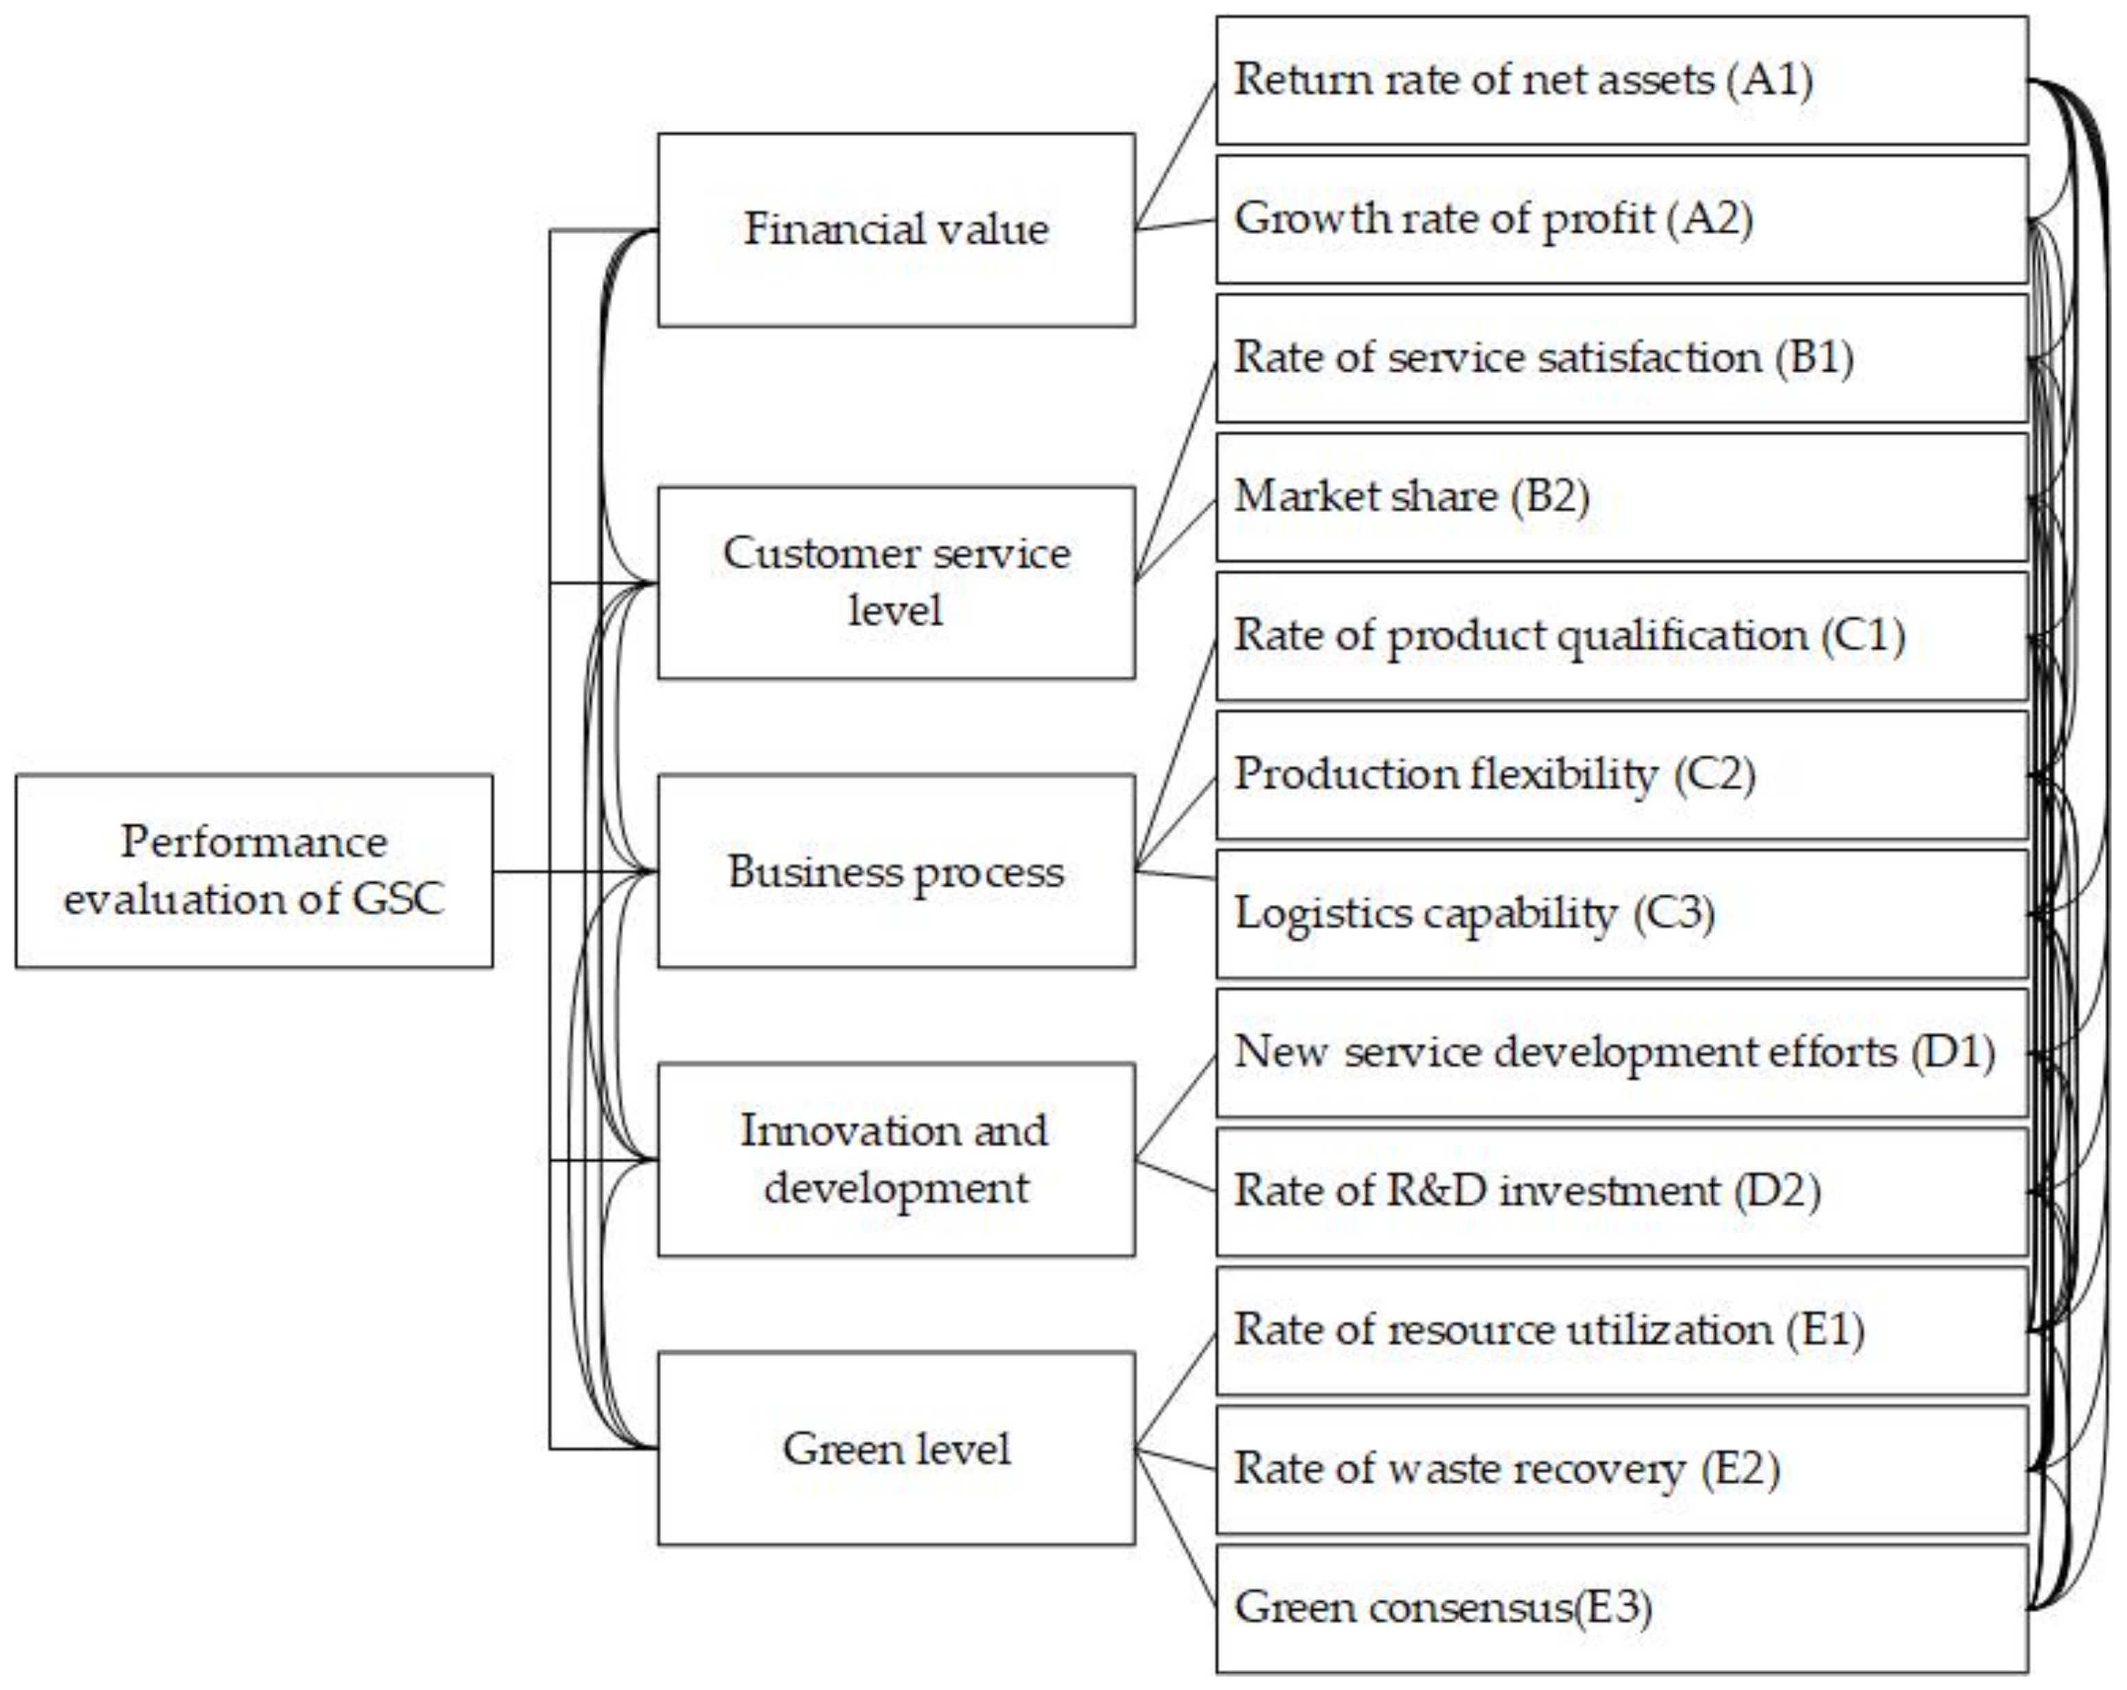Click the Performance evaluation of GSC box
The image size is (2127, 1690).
click(254, 870)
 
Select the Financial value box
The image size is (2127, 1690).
click(896, 230)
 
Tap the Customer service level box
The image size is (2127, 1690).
click(896, 582)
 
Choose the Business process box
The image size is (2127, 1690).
click(896, 870)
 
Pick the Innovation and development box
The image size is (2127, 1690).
click(896, 1159)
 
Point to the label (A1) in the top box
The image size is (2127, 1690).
click(1769, 80)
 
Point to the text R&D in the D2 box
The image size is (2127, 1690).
click(1436, 1191)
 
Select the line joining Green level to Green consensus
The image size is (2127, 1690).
click(1176, 1528)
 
